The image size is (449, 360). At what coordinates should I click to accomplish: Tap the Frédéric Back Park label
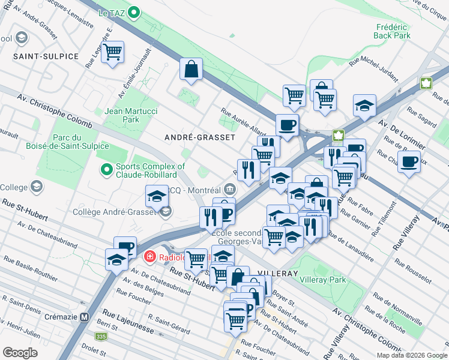[x=392, y=31]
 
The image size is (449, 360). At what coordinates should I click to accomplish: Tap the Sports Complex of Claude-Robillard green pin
[x=107, y=170]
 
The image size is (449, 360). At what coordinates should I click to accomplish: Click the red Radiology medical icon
[x=149, y=257]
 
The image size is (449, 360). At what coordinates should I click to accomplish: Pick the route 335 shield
[x=101, y=337]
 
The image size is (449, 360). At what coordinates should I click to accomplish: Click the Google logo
[x=20, y=352]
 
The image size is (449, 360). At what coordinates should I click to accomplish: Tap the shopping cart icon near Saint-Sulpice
[x=112, y=52]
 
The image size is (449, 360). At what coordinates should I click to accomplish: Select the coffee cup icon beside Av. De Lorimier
[x=410, y=161]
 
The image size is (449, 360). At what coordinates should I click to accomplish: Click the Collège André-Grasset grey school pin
[x=166, y=211]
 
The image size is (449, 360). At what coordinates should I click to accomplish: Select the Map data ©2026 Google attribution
[x=411, y=355]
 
